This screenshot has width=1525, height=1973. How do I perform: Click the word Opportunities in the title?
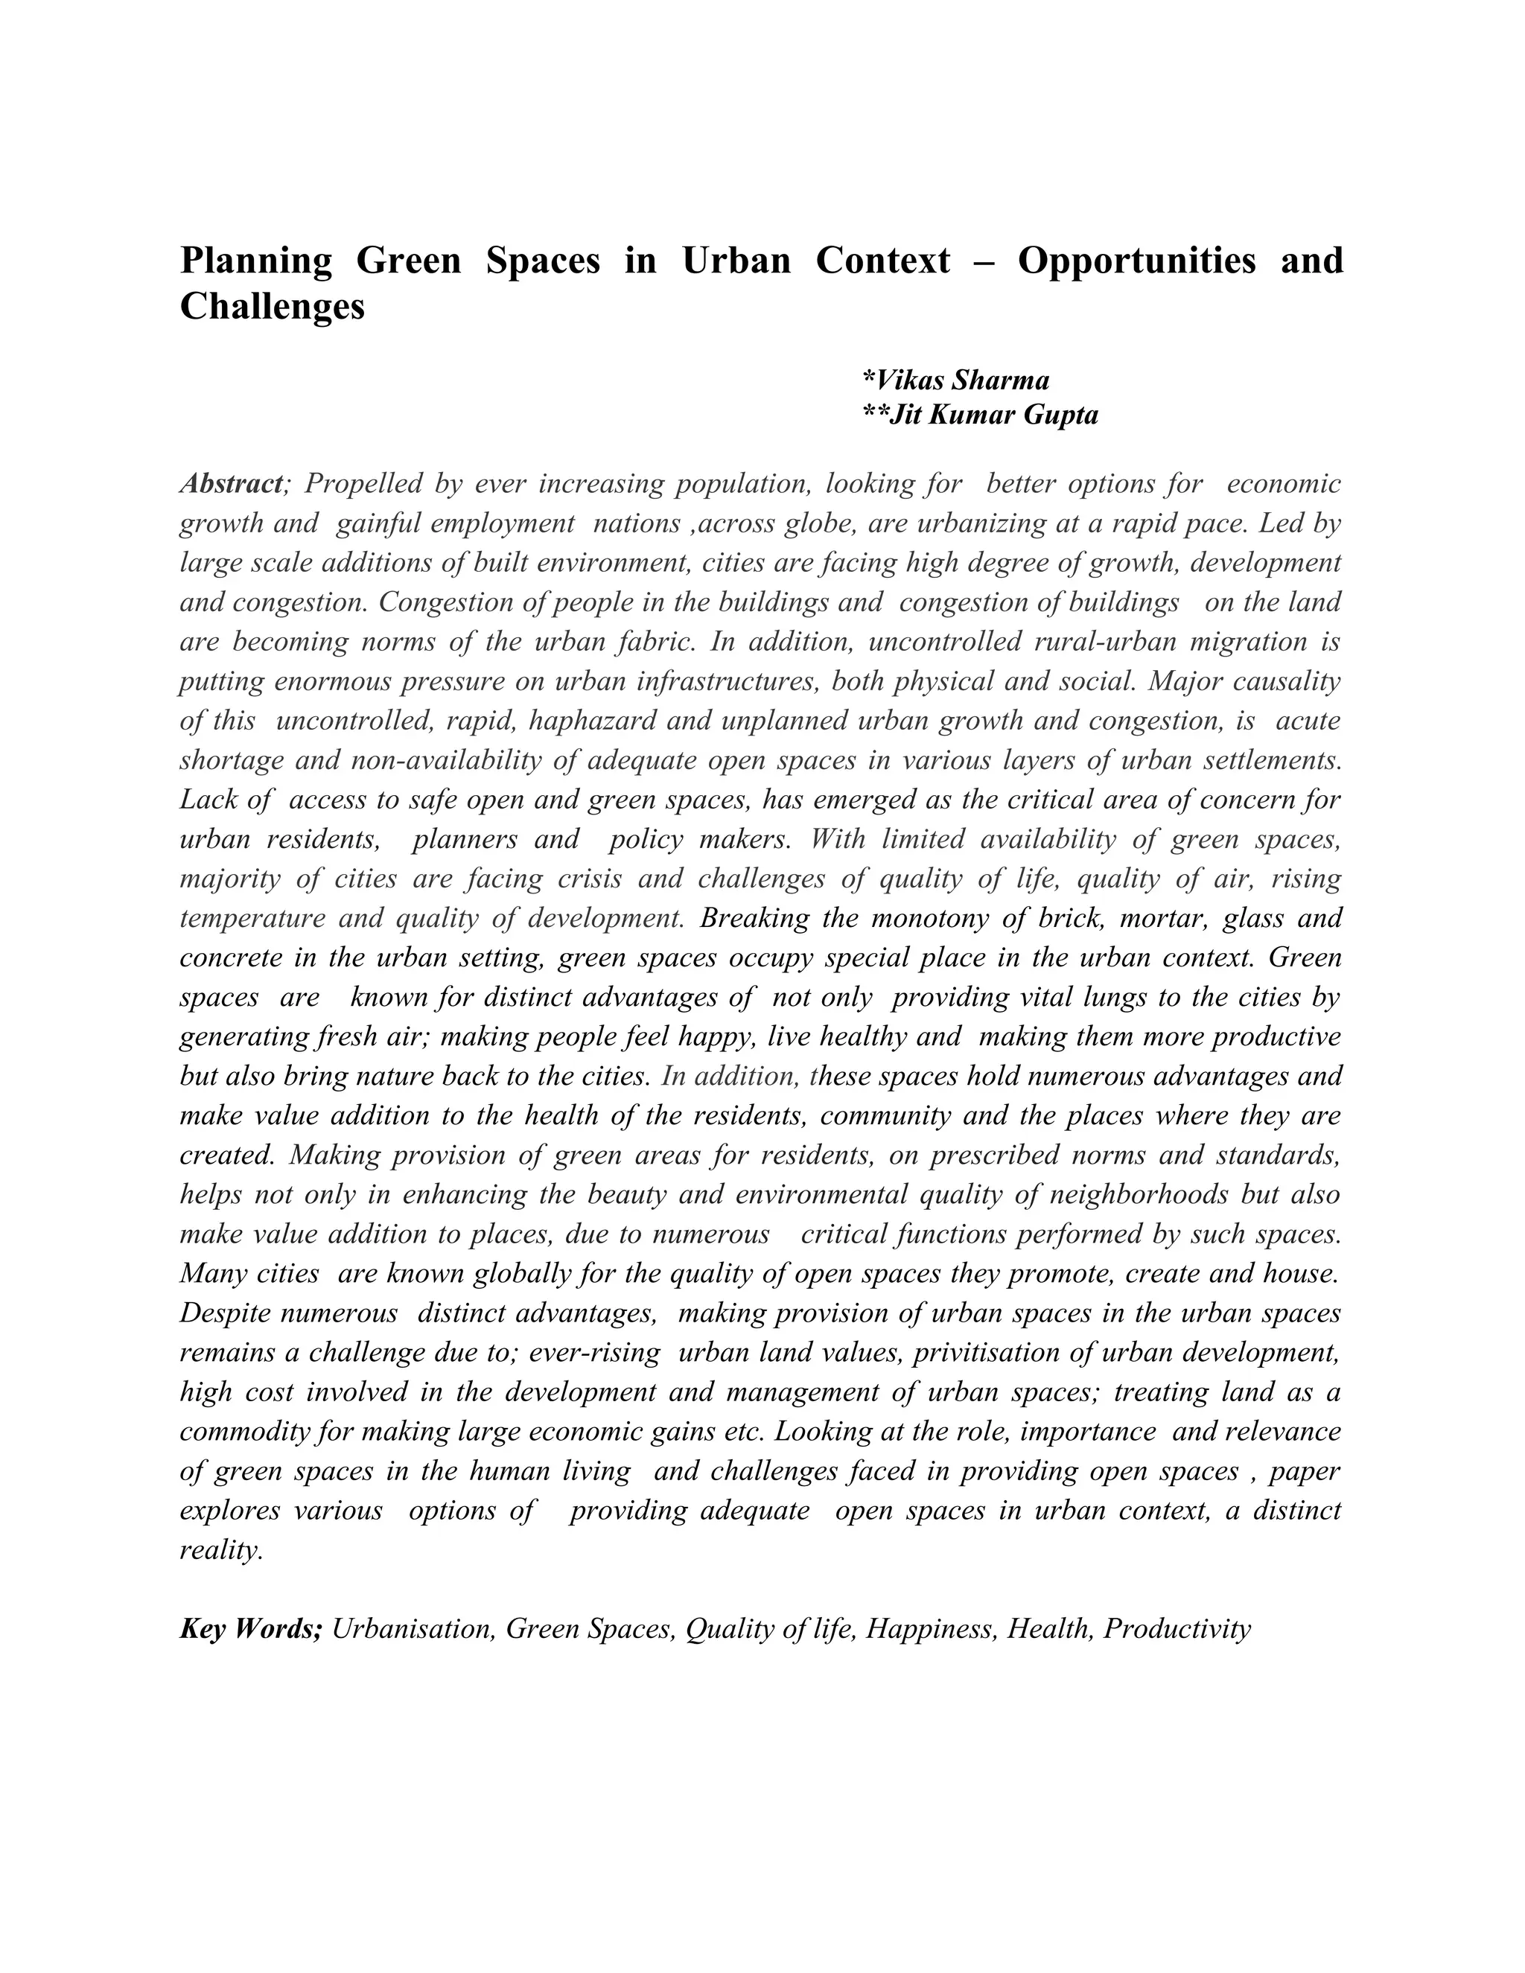(1136, 261)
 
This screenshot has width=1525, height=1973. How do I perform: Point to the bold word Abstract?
(232, 484)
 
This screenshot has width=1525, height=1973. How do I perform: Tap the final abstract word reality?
(221, 1551)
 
